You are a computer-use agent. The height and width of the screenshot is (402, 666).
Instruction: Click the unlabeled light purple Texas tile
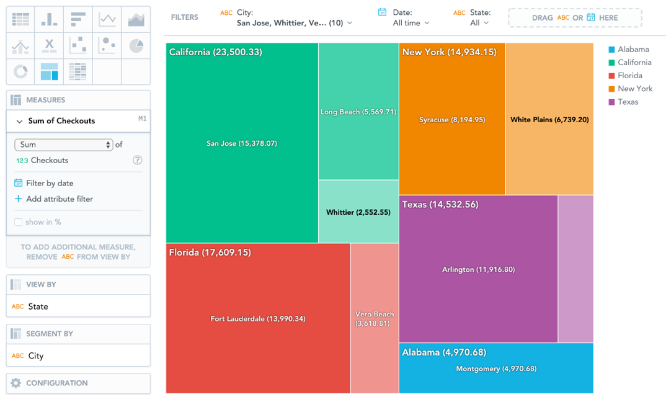click(x=575, y=269)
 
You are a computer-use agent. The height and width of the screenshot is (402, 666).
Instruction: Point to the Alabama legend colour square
click(x=611, y=50)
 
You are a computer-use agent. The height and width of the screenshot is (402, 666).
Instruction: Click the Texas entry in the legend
click(x=628, y=102)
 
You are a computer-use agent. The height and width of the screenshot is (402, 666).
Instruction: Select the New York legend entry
click(x=635, y=89)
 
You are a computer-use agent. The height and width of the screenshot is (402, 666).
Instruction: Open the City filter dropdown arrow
click(x=350, y=23)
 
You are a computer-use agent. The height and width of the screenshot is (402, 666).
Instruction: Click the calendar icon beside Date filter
click(x=383, y=12)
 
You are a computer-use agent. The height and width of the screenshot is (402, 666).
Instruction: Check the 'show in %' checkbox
click(x=19, y=222)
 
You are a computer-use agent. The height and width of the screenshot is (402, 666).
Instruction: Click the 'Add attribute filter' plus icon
click(x=19, y=199)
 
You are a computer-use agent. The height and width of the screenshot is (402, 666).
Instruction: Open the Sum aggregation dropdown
click(x=63, y=145)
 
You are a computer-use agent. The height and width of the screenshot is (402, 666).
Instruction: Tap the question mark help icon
click(x=138, y=160)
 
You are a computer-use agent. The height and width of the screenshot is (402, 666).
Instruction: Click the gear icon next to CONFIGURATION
click(x=16, y=383)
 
